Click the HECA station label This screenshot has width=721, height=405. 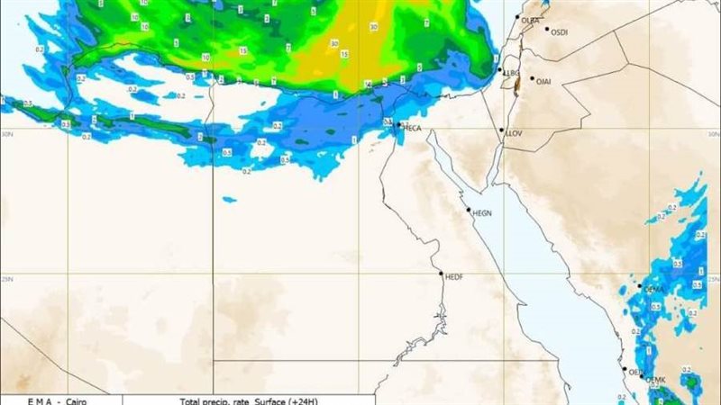(413, 129)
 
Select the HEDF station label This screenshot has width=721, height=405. (453, 277)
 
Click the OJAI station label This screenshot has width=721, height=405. (543, 81)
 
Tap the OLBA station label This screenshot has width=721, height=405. (531, 20)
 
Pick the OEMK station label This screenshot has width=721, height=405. (656, 381)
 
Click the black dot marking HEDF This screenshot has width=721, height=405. (441, 273)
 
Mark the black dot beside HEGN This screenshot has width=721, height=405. (469, 211)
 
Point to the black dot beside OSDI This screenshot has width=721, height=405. (546, 29)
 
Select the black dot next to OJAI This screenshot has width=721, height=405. (532, 79)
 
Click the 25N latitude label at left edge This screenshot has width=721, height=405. (6, 278)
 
